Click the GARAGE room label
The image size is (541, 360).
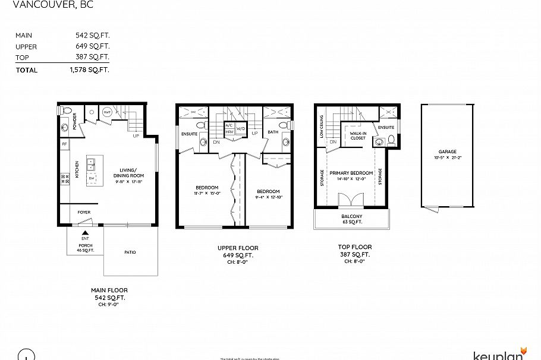tap(448, 152)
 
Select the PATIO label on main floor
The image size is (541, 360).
tap(130, 252)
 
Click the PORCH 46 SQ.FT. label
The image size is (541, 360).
tap(86, 248)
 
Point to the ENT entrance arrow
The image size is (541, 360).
tap(85, 235)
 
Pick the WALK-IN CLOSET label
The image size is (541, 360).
tap(358, 136)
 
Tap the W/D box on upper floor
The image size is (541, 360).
tap(241, 129)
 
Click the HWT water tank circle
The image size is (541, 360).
tap(108, 112)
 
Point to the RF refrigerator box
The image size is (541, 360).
tap(64, 144)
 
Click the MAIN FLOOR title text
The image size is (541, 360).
tap(109, 290)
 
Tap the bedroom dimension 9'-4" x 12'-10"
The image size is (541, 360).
tap(268, 197)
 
